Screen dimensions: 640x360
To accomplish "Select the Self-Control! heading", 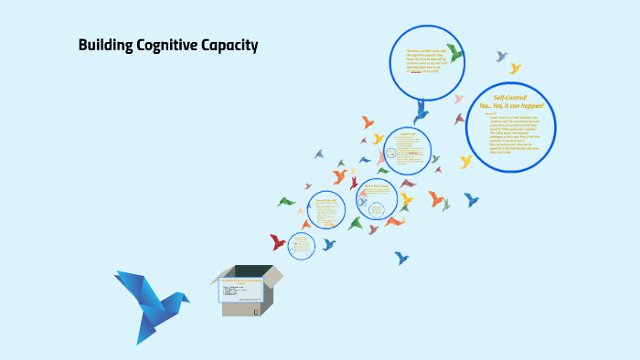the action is coord(510,97).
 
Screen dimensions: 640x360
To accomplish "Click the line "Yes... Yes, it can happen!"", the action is coord(511,106).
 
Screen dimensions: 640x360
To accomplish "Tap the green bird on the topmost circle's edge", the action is coord(454,52).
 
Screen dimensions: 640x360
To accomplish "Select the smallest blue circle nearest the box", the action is coord(301,244).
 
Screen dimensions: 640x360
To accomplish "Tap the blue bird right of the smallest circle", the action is coord(329,244).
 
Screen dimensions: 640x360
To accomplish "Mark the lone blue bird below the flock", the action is coord(401,258).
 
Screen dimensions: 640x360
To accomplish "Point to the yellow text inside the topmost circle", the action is coord(422,59).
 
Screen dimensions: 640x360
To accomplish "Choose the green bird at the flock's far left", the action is coord(286,201).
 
